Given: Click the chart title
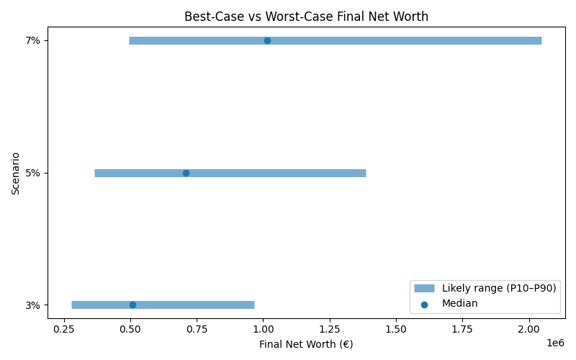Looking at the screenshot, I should click(x=306, y=16).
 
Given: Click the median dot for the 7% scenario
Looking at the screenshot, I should click(x=267, y=40).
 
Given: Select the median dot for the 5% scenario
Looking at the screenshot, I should click(x=186, y=173).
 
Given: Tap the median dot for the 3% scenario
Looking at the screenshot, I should click(x=132, y=305).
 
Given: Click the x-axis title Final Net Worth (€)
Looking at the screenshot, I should click(x=306, y=344).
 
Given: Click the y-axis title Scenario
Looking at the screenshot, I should click(x=16, y=173).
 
